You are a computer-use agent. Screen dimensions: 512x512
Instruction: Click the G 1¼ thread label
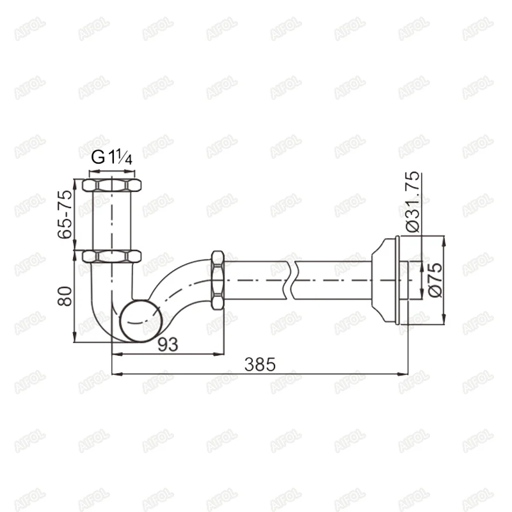tap(111, 157)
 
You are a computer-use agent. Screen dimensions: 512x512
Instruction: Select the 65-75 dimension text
tap(65, 214)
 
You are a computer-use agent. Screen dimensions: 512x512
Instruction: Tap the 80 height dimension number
tap(65, 296)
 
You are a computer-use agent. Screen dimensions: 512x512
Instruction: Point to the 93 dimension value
tap(168, 344)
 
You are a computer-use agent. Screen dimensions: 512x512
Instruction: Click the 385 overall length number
tap(260, 364)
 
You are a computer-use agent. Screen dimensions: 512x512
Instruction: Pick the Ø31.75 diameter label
tap(413, 202)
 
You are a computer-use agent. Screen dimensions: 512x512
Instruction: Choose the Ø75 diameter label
tap(436, 280)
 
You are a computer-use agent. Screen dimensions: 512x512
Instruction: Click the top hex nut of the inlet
tap(111, 185)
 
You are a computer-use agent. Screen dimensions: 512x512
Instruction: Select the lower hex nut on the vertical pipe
tap(111, 257)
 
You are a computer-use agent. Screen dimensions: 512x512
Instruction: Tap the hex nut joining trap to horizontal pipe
tap(218, 280)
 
